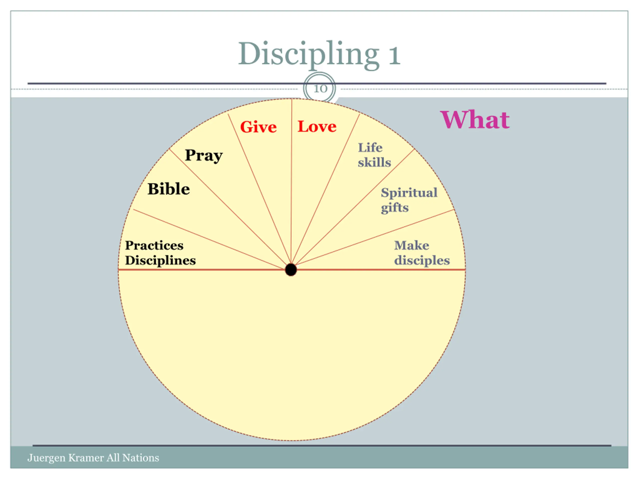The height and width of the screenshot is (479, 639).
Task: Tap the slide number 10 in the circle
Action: pyautogui.click(x=320, y=89)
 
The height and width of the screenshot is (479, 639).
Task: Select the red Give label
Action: pyautogui.click(x=258, y=127)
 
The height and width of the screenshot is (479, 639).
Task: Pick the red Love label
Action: pyautogui.click(x=317, y=126)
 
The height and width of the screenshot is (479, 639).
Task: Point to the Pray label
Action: pyautogui.click(x=204, y=155)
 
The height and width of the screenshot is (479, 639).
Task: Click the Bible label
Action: pyautogui.click(x=169, y=189)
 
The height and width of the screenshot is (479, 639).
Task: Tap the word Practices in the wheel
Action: pyautogui.click(x=154, y=245)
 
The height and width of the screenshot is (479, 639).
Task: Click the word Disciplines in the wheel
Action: pyautogui.click(x=160, y=260)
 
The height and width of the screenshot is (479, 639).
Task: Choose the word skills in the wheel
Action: pyautogui.click(x=374, y=163)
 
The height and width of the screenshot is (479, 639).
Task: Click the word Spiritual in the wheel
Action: pyautogui.click(x=409, y=193)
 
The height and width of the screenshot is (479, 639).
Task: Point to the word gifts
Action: pyautogui.click(x=395, y=208)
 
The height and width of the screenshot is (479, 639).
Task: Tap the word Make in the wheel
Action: pyautogui.click(x=412, y=245)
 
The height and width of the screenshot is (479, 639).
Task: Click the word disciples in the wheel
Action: pyautogui.click(x=422, y=260)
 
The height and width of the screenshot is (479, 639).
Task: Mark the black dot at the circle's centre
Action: pyautogui.click(x=291, y=270)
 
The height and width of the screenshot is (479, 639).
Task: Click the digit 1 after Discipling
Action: pyautogui.click(x=395, y=55)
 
